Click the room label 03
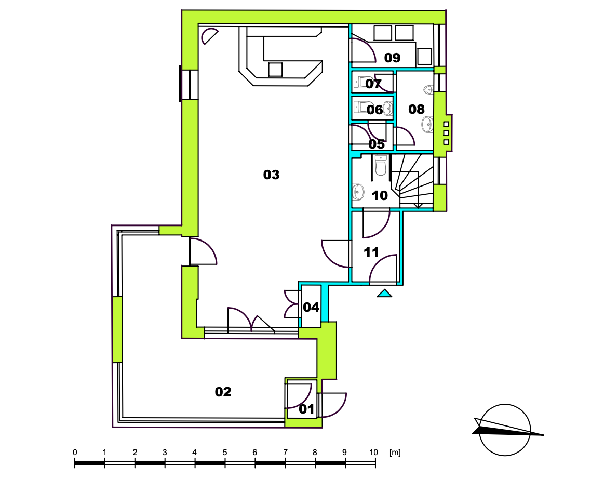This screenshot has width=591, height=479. [272, 175]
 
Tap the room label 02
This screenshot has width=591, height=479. [223, 392]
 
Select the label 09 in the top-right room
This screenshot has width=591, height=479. [393, 58]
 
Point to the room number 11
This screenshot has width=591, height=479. [371, 252]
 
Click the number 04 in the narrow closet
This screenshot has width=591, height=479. [311, 307]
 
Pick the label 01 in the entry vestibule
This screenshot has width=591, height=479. [306, 409]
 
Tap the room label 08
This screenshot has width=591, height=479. [417, 109]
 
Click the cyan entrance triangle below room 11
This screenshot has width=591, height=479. [384, 293]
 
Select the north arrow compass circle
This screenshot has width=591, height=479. [505, 430]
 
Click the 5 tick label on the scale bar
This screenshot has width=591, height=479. [225, 452]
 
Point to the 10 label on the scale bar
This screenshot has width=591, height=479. [373, 452]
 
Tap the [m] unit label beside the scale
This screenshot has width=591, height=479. [395, 452]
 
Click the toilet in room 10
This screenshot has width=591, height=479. [381, 166]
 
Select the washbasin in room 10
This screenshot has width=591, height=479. [358, 192]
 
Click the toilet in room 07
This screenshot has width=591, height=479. [361, 82]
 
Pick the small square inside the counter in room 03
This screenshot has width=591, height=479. [276, 70]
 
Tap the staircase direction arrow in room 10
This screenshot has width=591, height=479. [418, 205]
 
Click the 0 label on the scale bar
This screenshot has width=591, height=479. [75, 452]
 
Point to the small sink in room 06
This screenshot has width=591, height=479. [388, 110]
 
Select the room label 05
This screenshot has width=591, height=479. [377, 144]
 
